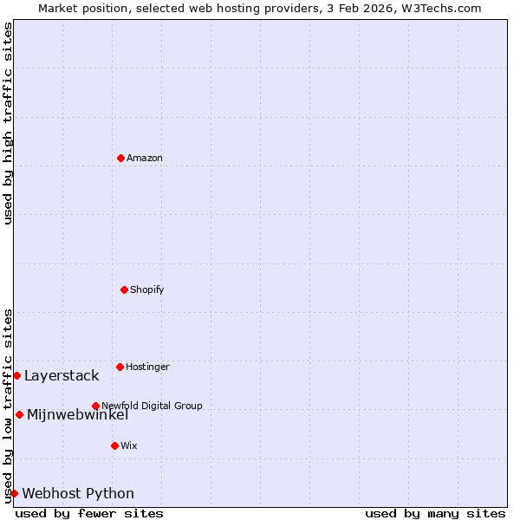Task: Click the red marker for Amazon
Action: (120, 158)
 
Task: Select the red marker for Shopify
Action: (124, 289)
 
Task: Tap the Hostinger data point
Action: (120, 367)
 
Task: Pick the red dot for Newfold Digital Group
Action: (95, 406)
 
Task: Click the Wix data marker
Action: (114, 445)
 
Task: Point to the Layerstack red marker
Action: (16, 375)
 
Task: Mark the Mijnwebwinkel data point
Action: (19, 414)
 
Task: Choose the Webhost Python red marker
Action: (14, 493)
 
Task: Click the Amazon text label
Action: (145, 158)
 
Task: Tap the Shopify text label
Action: (147, 289)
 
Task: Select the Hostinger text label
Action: (147, 367)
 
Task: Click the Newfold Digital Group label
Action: (152, 406)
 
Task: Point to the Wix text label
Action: (129, 445)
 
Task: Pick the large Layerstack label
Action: (62, 375)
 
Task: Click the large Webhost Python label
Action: (78, 493)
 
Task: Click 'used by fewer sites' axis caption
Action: (89, 513)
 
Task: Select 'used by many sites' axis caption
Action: (435, 513)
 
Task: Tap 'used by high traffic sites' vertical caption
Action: (8, 123)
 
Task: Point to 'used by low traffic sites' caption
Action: (8, 405)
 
